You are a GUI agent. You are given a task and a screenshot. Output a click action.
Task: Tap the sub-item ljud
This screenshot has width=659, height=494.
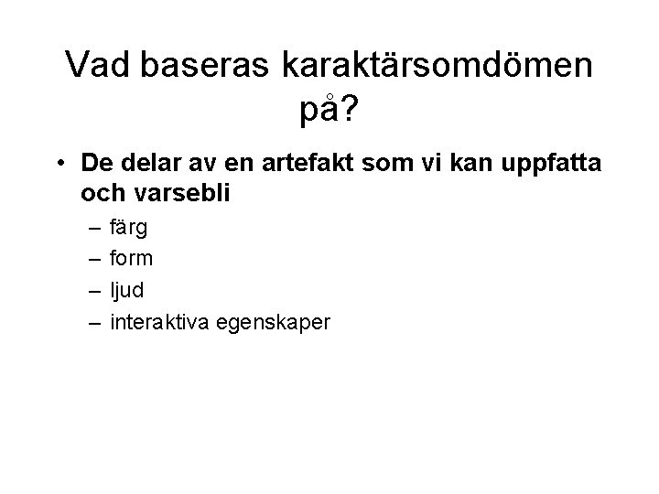point(127,291)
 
